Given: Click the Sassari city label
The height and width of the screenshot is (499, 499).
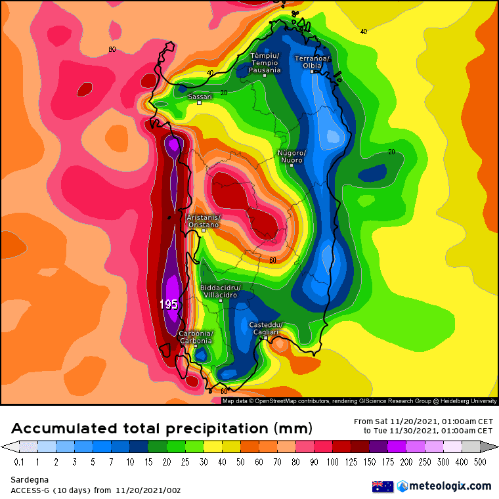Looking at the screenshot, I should pyautogui.click(x=200, y=97).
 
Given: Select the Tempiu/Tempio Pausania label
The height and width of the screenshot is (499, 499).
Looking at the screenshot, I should pyautogui.click(x=265, y=63).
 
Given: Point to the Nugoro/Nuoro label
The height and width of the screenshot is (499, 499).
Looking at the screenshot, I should pyautogui.click(x=290, y=156).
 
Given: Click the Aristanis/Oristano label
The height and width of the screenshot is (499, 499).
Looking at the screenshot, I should pyautogui.click(x=204, y=221).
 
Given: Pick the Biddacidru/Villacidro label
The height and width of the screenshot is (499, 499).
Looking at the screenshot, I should pyautogui.click(x=221, y=291).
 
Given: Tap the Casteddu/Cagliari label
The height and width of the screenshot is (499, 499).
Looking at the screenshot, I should pyautogui.click(x=265, y=329).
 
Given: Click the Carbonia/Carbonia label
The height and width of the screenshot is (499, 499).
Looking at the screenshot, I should pyautogui.click(x=196, y=337).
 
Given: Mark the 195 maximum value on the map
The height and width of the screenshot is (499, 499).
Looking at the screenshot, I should pyautogui.click(x=169, y=305).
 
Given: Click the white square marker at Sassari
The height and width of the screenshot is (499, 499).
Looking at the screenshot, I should pyautogui.click(x=200, y=102).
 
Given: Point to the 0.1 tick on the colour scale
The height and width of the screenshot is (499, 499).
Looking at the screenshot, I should pyautogui.click(x=18, y=462).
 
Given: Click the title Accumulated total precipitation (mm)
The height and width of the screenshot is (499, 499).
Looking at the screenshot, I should pyautogui.click(x=162, y=429).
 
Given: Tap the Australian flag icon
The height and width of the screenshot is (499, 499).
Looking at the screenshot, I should pyautogui.click(x=382, y=487).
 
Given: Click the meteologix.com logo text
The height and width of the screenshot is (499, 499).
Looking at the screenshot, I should pyautogui.click(x=450, y=486).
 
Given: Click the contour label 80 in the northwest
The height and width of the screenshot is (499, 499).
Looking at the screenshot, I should pyautogui.click(x=112, y=49).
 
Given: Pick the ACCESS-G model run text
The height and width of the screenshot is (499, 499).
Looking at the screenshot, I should pyautogui.click(x=95, y=490).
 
